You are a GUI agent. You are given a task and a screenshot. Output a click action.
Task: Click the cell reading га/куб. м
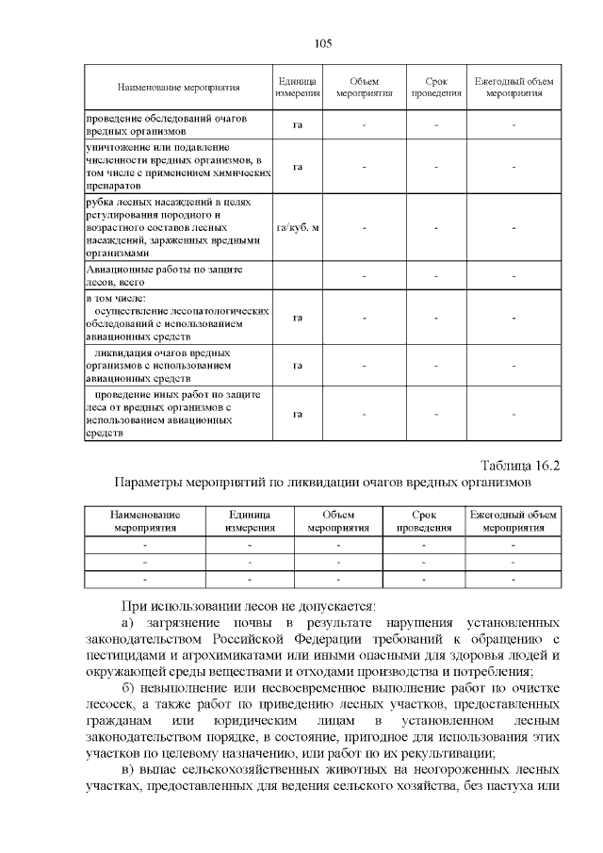pos(297,228)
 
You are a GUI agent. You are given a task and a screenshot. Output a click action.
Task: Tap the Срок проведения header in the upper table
pos(436,88)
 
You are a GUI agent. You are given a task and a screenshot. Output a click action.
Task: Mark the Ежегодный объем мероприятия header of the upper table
pos(513,88)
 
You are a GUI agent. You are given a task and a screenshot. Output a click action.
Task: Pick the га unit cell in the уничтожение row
pos(297,167)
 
